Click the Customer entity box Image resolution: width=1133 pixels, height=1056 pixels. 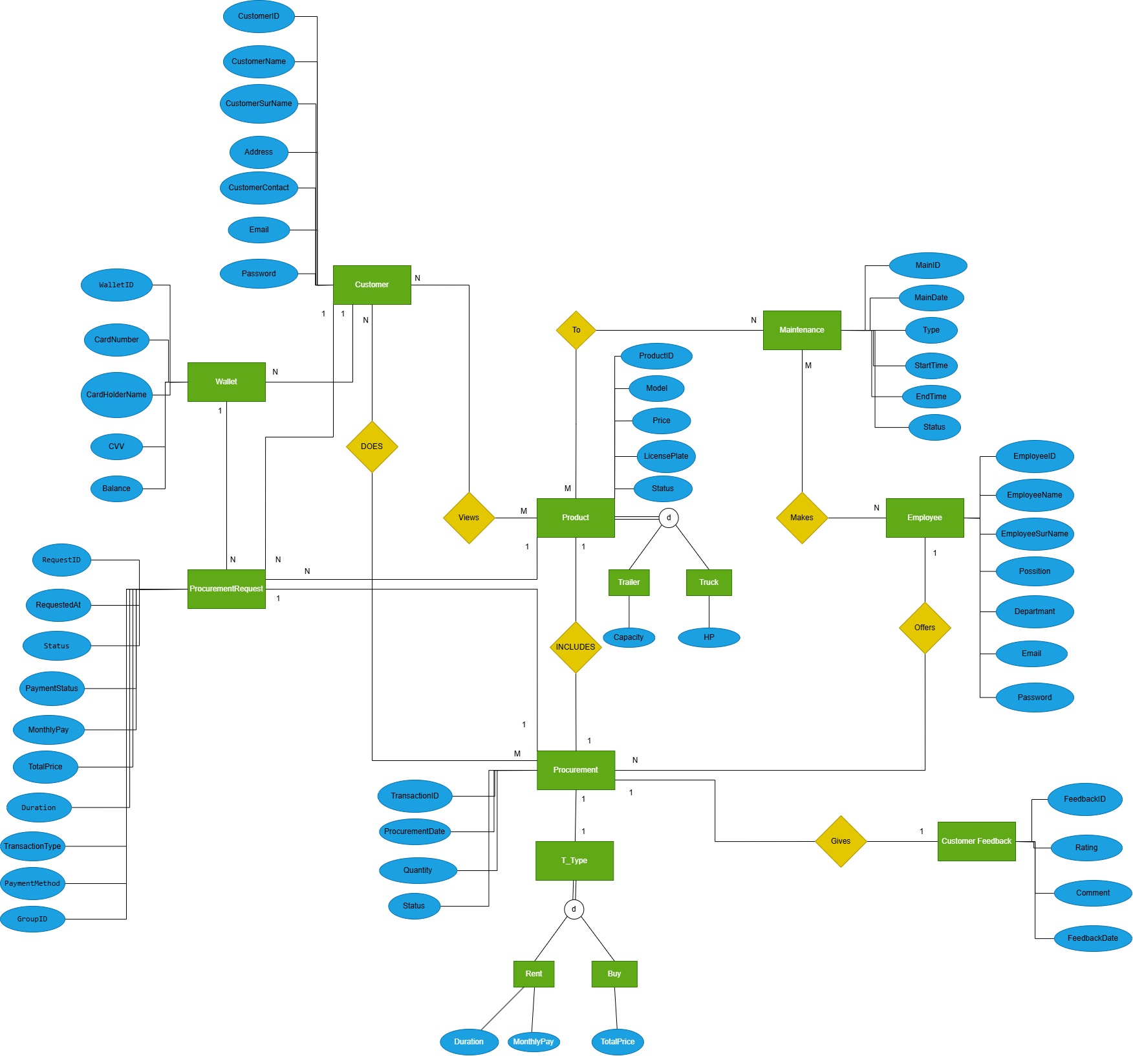(372, 285)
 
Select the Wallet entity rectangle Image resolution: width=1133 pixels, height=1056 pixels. (226, 382)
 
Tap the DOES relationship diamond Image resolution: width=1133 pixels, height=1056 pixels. (372, 446)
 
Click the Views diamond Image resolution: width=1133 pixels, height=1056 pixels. (469, 518)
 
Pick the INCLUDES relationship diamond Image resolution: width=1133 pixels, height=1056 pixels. (576, 647)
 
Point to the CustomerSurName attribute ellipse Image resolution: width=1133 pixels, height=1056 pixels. (259, 104)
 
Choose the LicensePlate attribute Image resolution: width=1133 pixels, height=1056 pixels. (666, 456)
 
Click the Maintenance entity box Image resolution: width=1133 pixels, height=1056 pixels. (802, 330)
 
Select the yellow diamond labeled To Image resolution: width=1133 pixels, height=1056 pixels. (576, 330)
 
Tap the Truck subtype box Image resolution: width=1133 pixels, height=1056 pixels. (709, 582)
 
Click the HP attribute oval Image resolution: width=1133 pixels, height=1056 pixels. (709, 637)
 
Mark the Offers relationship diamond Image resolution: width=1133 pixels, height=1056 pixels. (925, 628)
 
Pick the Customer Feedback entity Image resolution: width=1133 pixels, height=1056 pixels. (977, 841)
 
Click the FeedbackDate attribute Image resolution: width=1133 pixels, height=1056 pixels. (1093, 938)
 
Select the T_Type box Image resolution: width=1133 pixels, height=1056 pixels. (574, 861)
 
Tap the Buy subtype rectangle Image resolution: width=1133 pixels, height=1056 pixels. (614, 974)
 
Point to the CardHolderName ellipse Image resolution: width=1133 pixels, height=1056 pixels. (116, 395)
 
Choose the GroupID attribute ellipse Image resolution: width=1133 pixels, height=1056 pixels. (32, 919)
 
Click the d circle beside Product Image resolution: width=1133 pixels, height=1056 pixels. (669, 518)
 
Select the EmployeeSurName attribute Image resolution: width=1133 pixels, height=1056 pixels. (1035, 534)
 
